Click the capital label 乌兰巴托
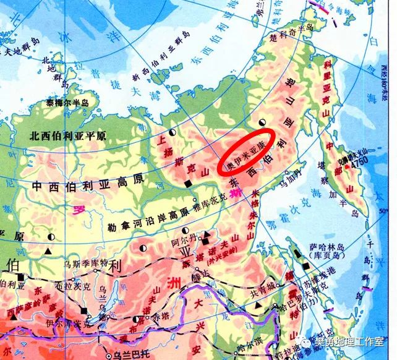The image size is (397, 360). [x=117, y=355]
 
